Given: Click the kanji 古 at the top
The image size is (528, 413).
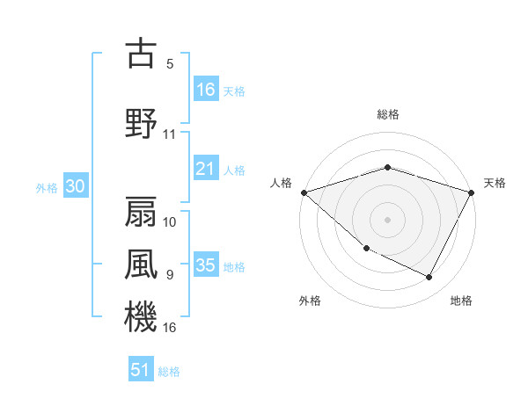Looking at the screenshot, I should click(x=141, y=54).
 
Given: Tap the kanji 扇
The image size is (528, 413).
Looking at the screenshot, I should click(x=141, y=210).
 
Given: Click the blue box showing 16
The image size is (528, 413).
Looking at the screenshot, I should click(x=206, y=89).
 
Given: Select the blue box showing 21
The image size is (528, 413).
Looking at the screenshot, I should click(x=206, y=169).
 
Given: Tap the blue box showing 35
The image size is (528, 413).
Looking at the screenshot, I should click(x=206, y=265).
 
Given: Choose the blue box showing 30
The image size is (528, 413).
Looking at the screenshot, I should click(x=75, y=186).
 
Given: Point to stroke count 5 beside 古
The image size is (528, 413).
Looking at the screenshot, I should click(x=170, y=64).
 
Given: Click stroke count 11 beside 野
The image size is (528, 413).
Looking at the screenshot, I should click(x=170, y=134).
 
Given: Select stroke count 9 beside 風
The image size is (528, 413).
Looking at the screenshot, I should click(x=170, y=274).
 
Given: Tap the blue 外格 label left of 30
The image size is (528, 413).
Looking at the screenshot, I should click(x=47, y=187).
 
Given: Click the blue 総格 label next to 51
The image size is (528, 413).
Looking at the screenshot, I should click(x=169, y=372).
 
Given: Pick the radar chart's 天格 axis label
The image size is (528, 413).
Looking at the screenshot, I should click(x=495, y=183).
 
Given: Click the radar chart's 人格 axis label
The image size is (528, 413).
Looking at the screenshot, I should click(x=282, y=183).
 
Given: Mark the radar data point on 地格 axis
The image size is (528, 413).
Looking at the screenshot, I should click(x=429, y=278).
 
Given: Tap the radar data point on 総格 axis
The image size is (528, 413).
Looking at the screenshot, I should click(x=387, y=167).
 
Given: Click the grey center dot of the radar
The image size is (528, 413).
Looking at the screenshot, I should click(x=387, y=219).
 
